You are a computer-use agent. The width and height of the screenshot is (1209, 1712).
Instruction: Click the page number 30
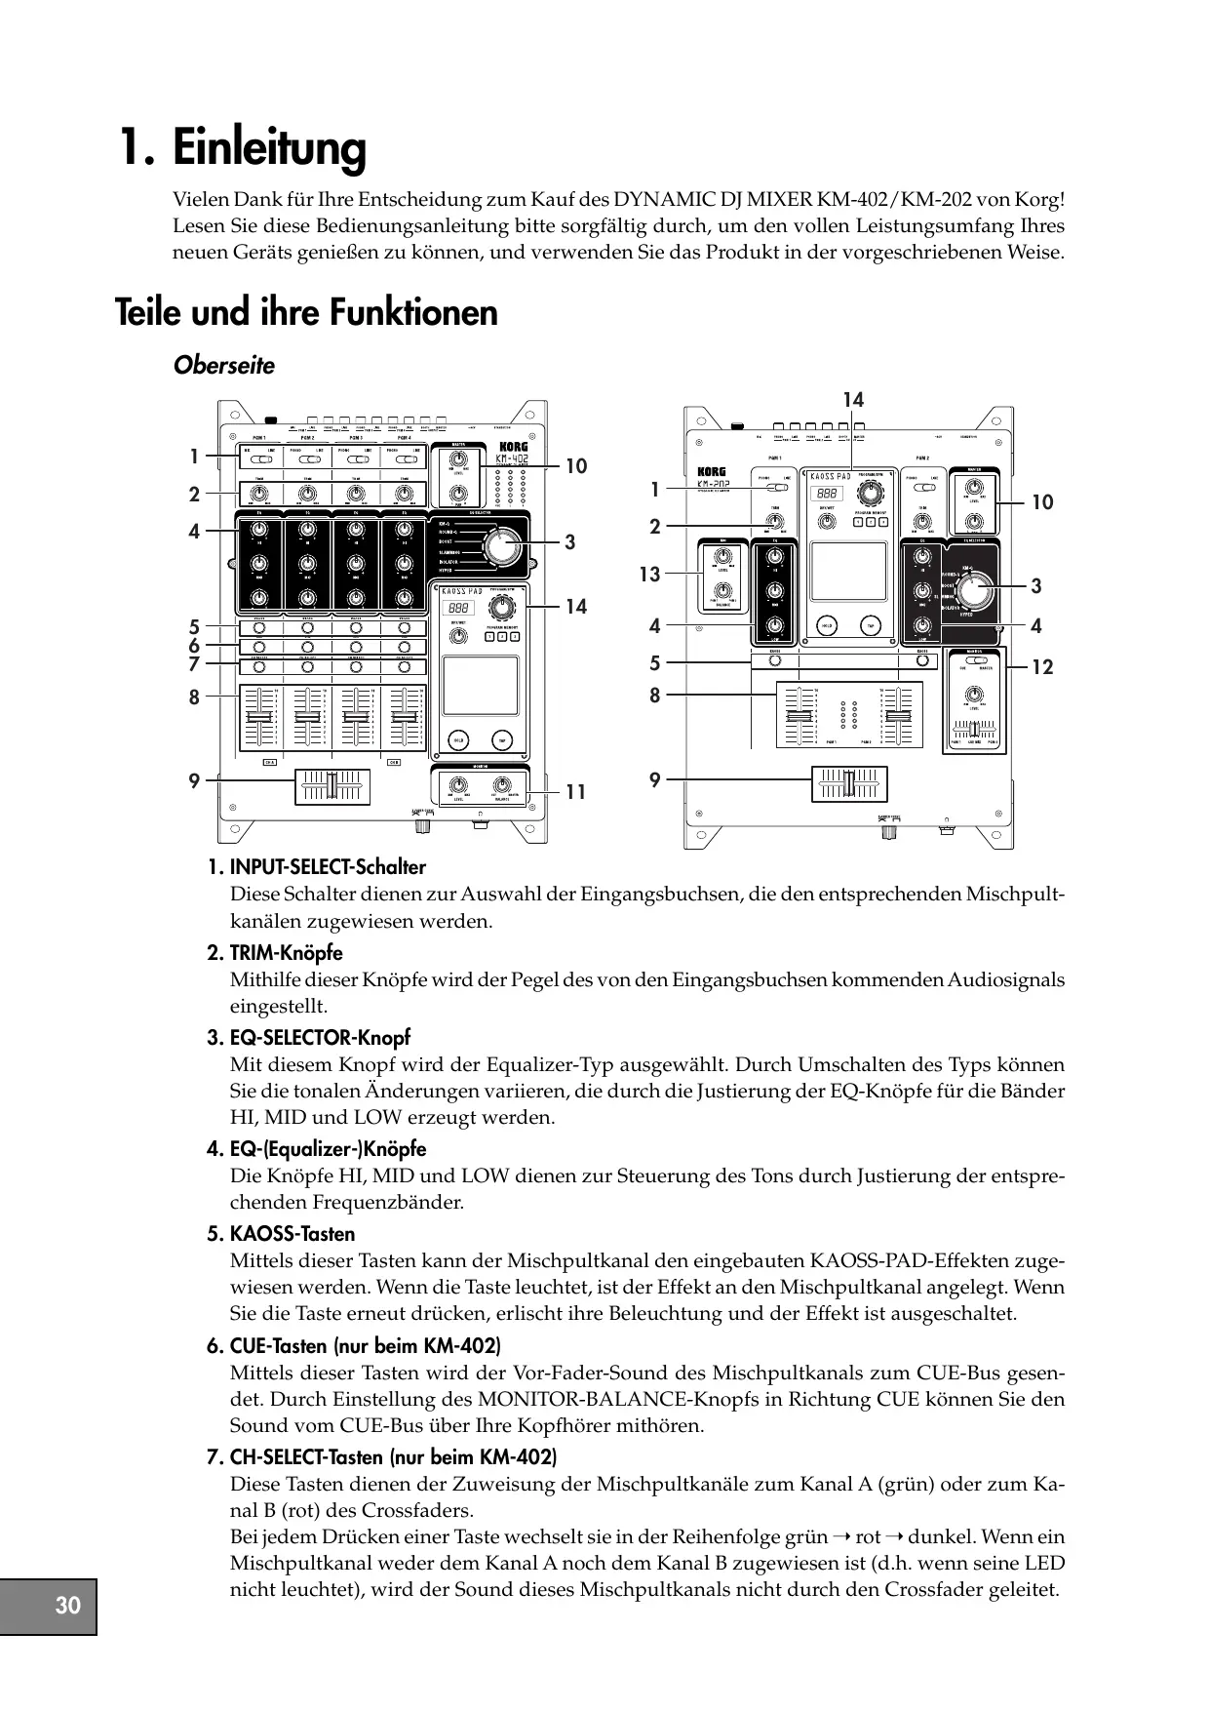(x=68, y=1606)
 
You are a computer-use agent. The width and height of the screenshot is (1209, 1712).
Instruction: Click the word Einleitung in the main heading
(x=269, y=148)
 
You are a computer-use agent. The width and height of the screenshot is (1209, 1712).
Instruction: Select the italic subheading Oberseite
(x=224, y=366)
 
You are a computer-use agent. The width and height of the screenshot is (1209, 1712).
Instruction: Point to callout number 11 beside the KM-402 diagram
(x=576, y=792)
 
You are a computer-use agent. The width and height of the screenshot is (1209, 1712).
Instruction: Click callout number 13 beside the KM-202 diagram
(x=649, y=575)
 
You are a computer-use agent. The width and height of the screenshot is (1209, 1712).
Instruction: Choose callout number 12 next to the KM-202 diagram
(x=1042, y=667)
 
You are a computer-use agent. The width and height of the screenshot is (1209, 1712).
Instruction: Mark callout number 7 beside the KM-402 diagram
(x=194, y=665)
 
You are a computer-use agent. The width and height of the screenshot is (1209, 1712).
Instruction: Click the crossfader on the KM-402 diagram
(x=332, y=786)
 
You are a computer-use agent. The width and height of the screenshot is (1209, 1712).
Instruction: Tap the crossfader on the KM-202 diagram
(x=849, y=784)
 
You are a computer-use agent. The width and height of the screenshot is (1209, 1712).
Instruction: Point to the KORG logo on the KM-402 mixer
(x=512, y=448)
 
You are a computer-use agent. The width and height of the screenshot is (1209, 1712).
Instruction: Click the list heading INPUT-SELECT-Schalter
(x=328, y=867)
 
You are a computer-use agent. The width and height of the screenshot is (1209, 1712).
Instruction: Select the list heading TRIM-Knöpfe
(x=286, y=953)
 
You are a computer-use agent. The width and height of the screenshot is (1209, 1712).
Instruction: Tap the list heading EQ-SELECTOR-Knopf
(x=320, y=1038)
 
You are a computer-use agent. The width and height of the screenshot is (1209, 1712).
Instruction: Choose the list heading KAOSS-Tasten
(x=292, y=1234)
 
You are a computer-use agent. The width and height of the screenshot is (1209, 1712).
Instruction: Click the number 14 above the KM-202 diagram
(x=853, y=400)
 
